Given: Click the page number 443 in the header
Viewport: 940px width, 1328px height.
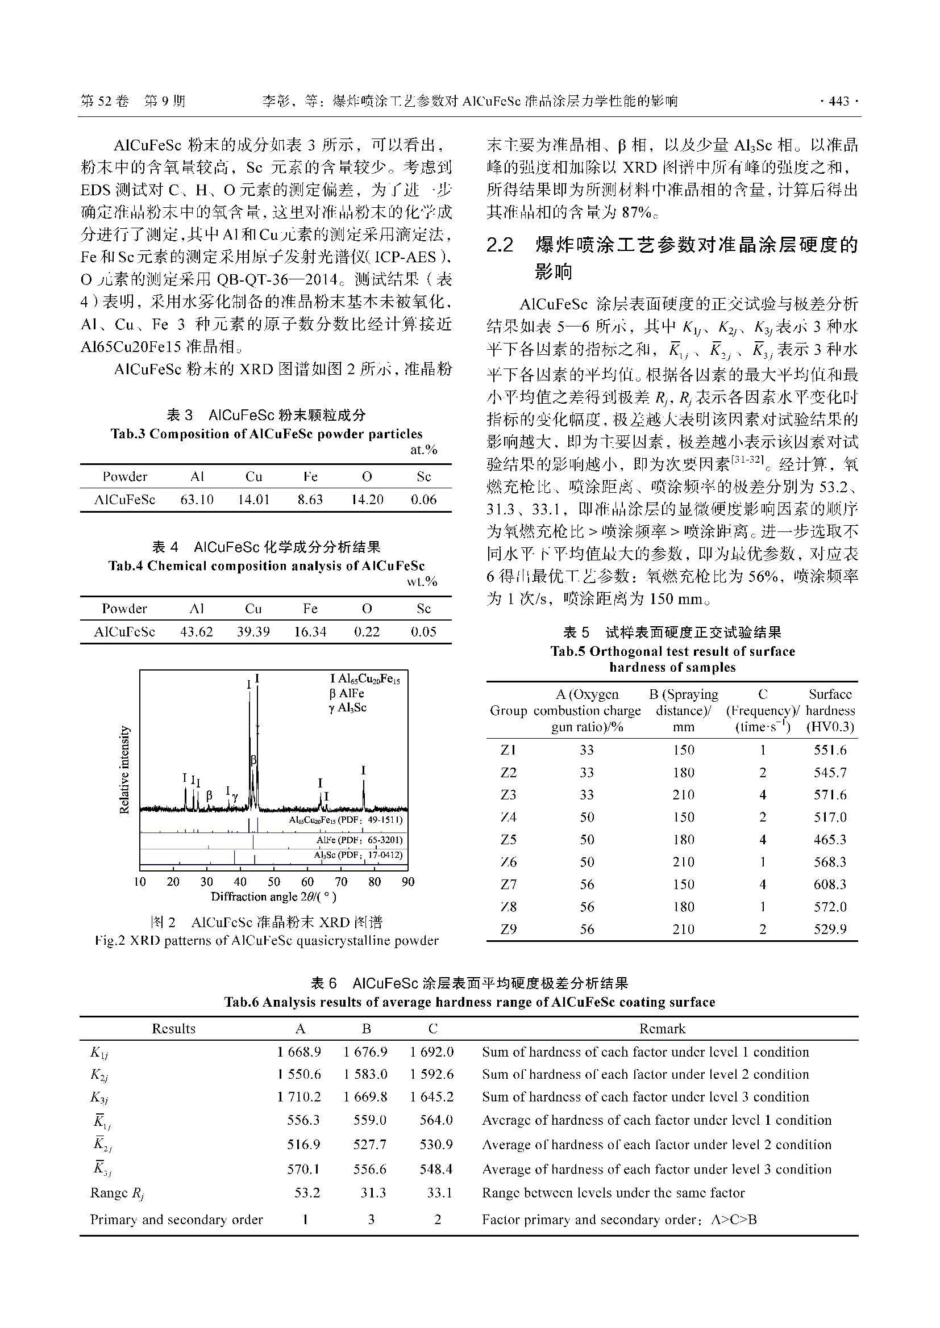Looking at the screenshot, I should click(x=839, y=102).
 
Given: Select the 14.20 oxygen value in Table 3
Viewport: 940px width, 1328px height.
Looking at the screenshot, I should click(x=367, y=500).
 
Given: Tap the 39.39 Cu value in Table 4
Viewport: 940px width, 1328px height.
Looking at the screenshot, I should click(x=253, y=631).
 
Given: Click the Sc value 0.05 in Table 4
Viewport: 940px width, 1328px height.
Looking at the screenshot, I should click(x=424, y=631).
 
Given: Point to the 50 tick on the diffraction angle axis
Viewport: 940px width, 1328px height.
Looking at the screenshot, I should click(x=274, y=882).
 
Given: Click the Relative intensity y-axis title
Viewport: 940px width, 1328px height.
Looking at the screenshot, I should click(x=124, y=770).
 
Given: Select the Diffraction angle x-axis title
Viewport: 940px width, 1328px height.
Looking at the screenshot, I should click(x=273, y=897).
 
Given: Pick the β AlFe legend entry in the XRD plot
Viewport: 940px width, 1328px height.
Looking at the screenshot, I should click(x=347, y=693).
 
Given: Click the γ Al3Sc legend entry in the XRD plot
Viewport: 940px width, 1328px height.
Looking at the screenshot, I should click(x=347, y=707).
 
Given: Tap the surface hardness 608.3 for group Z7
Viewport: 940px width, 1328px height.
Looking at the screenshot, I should click(x=830, y=885).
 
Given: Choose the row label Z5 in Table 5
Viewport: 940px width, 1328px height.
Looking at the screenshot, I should click(x=508, y=839).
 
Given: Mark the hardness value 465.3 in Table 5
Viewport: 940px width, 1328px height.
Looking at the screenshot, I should click(x=830, y=839).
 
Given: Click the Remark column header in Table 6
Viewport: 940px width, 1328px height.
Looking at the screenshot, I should click(x=662, y=1028).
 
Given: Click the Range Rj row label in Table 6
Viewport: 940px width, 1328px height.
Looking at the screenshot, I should click(x=118, y=1193).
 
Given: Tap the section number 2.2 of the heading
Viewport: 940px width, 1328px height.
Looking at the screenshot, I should click(x=500, y=246).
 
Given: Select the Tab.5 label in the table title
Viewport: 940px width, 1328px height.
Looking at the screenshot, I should click(x=568, y=651).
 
